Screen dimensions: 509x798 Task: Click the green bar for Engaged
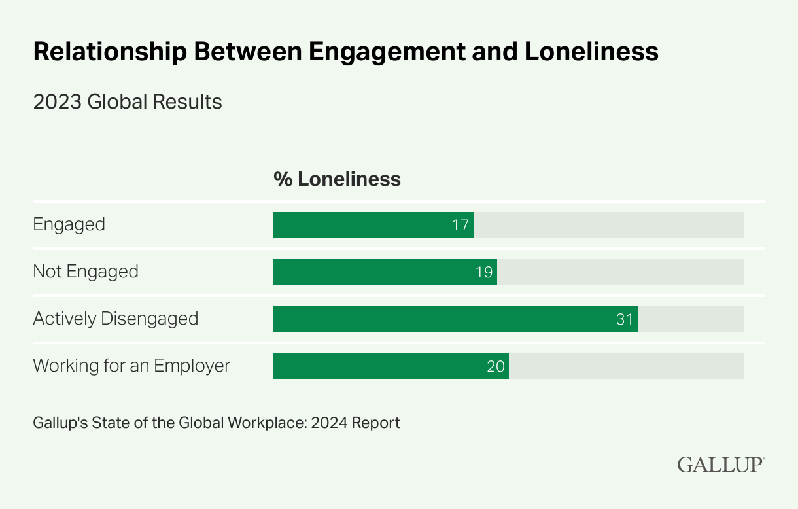click(x=373, y=225)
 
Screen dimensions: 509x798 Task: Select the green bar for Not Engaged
click(x=385, y=272)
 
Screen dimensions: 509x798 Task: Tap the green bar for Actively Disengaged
click(x=455, y=319)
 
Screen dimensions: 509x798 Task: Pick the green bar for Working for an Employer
click(x=390, y=366)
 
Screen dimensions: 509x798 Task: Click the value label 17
click(x=460, y=225)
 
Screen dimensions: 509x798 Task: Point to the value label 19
click(x=484, y=272)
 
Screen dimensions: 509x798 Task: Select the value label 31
click(x=625, y=319)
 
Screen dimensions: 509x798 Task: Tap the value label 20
click(x=496, y=366)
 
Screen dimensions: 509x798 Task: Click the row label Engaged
click(x=69, y=224)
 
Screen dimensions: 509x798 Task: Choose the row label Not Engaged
click(x=86, y=272)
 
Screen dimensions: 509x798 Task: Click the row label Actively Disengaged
click(x=116, y=319)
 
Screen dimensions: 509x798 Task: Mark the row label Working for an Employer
click(x=131, y=365)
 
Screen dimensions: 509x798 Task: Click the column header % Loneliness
click(x=337, y=179)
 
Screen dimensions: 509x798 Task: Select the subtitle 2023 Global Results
click(x=128, y=102)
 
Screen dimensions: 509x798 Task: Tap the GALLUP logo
click(x=721, y=465)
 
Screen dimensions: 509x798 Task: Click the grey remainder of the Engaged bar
click(x=608, y=225)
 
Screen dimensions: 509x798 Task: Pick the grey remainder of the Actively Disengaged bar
click(x=691, y=319)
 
